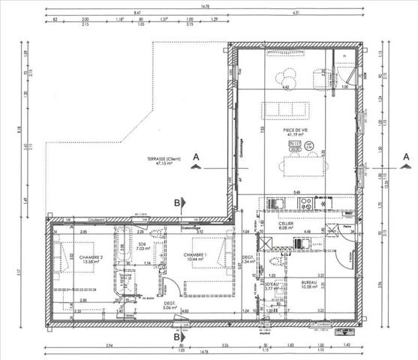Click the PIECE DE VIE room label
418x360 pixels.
[292, 132]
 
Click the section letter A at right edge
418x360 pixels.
[406, 158]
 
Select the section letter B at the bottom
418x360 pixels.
[177, 337]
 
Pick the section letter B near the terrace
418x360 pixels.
[177, 202]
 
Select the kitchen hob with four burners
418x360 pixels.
[323, 203]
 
